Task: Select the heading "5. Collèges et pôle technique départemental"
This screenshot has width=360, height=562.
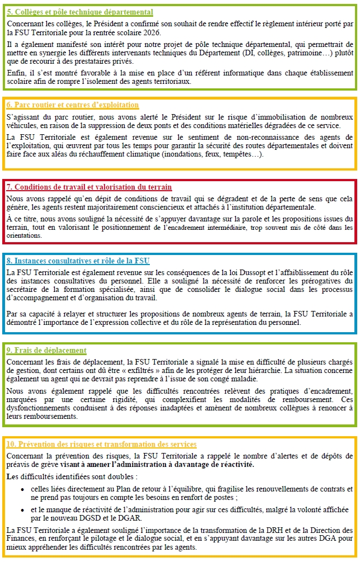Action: pyautogui.click(x=80, y=12)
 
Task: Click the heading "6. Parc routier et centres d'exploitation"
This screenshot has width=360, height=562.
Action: pyautogui.click(x=73, y=105)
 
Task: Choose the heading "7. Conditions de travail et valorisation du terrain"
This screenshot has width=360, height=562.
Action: pyautogui.click(x=89, y=187)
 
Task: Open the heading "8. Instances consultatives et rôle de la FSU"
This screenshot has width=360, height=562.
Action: pyautogui.click(x=78, y=261)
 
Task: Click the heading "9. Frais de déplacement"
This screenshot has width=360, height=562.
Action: pyautogui.click(x=46, y=350)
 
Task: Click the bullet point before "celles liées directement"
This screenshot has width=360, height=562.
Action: pyautogui.click(x=22, y=489)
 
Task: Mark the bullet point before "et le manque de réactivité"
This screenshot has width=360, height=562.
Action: pyautogui.click(x=22, y=510)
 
